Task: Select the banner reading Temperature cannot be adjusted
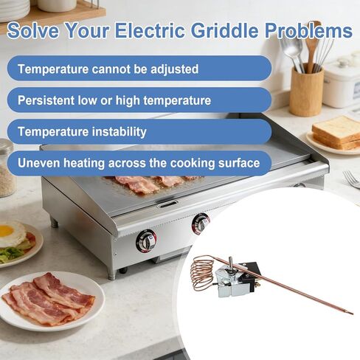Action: tap(108, 69)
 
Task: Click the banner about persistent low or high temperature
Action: tap(114, 100)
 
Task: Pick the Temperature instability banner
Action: tap(82, 132)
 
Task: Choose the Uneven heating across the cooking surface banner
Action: tap(139, 163)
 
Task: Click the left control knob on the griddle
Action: tap(146, 240)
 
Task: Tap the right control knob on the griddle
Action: tap(201, 223)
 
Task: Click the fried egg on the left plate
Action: tap(10, 235)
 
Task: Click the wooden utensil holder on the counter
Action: tap(305, 91)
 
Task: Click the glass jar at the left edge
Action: tap(7, 170)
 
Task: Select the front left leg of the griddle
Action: tap(111, 272)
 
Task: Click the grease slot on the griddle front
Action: tap(168, 204)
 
